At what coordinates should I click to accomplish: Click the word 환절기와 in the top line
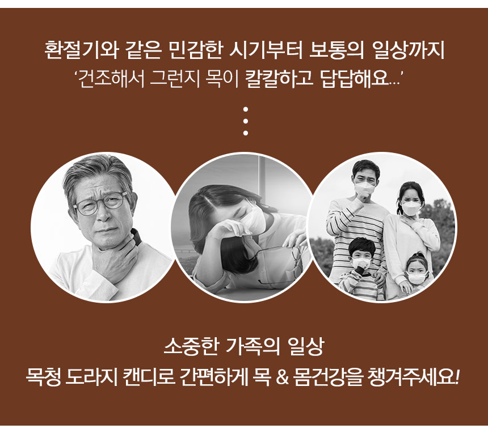(x=81, y=50)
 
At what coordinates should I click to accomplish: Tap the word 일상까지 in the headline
(x=408, y=50)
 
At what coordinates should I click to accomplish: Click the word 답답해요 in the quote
(x=355, y=79)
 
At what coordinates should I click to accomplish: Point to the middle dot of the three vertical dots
(x=246, y=121)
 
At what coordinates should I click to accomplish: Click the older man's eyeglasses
(x=102, y=202)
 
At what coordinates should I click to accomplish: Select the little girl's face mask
(x=417, y=277)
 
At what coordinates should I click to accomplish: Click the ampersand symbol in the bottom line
(x=282, y=377)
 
